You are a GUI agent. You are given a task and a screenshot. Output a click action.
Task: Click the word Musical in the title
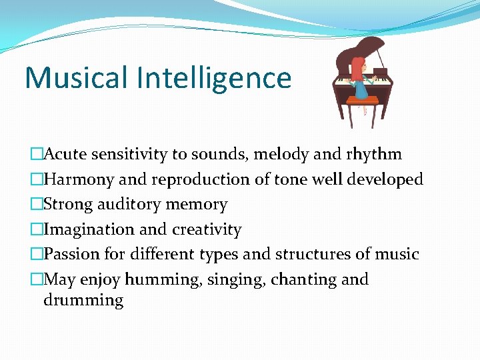pos(77,78)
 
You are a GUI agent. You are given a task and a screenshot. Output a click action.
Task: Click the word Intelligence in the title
pos(214,78)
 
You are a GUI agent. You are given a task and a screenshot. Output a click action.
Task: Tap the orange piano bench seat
pos(363,101)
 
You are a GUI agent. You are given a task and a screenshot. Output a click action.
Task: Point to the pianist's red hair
pos(359,69)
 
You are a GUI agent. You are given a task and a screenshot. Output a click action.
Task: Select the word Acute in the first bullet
pos(65,155)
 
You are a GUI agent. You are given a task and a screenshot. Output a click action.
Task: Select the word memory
pos(197,204)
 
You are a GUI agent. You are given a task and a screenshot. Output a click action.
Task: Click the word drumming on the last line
pos(83,300)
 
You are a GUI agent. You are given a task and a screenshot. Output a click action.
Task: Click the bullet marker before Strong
pos(36,205)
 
